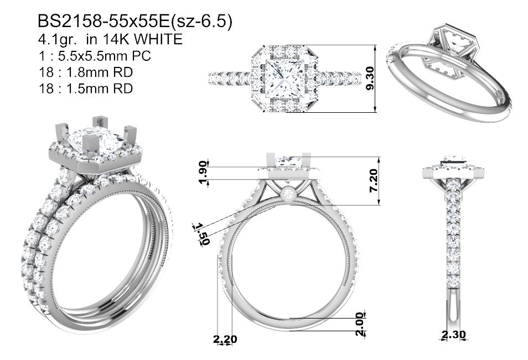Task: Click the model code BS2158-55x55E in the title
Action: [103, 22]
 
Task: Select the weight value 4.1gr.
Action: [59, 40]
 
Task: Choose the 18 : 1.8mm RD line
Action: [86, 72]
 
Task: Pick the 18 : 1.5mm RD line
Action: [86, 89]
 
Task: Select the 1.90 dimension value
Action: [203, 173]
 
